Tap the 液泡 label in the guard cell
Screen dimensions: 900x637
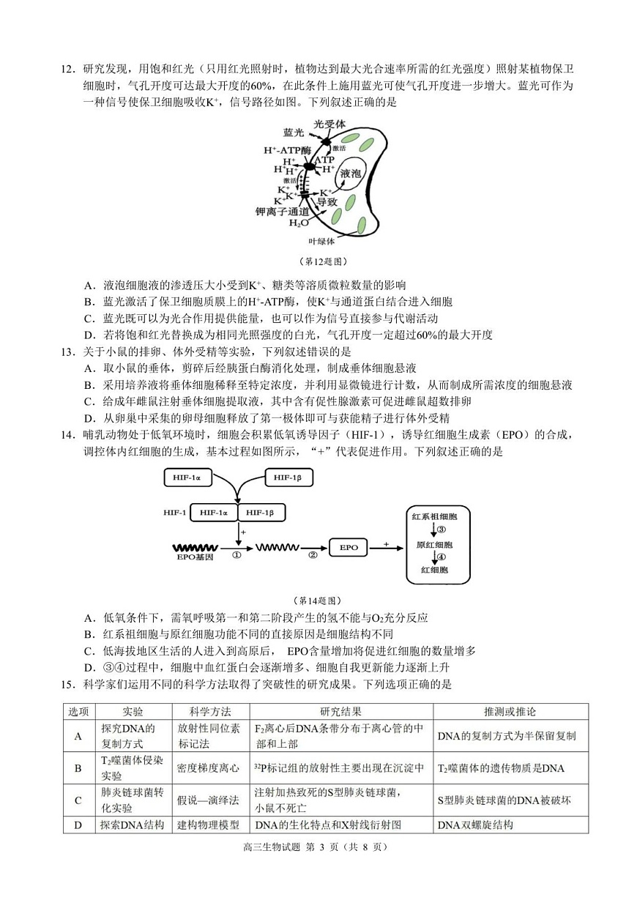click(x=351, y=174)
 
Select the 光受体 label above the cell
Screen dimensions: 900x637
click(x=329, y=124)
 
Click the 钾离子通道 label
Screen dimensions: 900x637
click(x=281, y=211)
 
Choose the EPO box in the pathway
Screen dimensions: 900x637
click(x=349, y=547)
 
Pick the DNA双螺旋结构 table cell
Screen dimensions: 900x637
click(x=475, y=825)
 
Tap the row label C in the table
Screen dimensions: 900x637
click(x=78, y=800)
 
